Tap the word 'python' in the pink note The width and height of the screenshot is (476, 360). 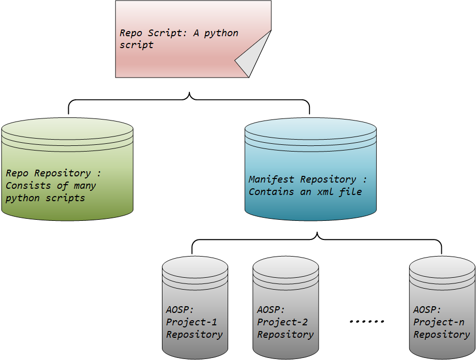click(221, 33)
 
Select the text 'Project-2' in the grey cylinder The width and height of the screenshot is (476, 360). click(282, 322)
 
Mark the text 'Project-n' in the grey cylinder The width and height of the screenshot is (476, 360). click(439, 322)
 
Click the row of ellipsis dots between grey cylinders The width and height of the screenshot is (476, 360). click(367, 322)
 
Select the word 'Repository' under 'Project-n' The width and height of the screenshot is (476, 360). click(441, 335)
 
